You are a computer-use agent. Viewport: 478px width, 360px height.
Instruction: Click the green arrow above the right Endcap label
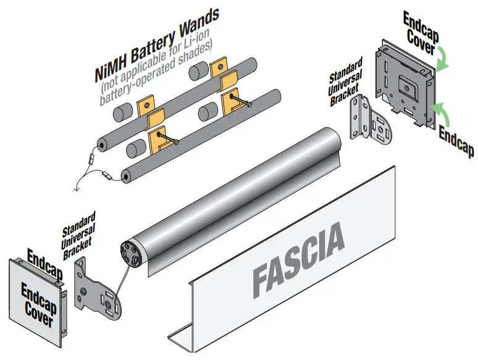[x=440, y=111]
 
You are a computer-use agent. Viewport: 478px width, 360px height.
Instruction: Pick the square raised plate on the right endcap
[x=406, y=83]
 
